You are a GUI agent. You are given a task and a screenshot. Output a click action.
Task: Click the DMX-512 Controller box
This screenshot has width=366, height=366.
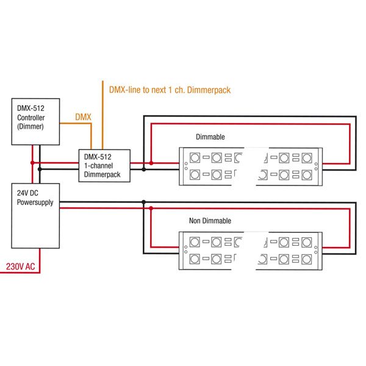pos(35,123)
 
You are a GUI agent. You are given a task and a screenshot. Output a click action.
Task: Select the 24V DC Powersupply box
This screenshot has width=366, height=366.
pos(35,217)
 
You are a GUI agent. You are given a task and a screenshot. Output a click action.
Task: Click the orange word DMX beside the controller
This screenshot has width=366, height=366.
pos(83,116)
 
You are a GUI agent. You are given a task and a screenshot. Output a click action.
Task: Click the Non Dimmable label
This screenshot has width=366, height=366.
pos(210,220)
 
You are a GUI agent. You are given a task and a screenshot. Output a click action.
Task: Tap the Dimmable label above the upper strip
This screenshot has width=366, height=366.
pos(210,137)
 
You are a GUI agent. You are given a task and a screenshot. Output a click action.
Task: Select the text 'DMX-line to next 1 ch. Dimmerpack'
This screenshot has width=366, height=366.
pos(170,90)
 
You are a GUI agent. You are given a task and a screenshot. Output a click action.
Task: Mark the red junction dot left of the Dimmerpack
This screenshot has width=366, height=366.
pos(32,163)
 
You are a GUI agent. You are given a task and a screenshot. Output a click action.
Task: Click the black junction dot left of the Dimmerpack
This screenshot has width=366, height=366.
pos(39,168)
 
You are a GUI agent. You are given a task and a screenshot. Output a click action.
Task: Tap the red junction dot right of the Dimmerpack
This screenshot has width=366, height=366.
pos(151,163)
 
